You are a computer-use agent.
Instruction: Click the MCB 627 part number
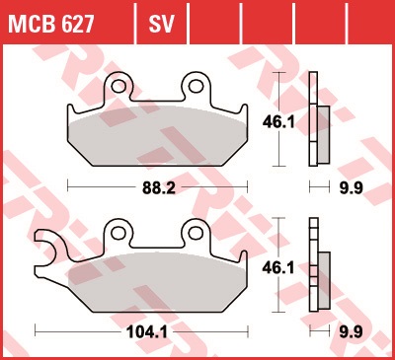click(51, 24)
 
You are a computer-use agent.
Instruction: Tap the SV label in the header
click(161, 24)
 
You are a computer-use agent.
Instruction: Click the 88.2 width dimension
click(159, 188)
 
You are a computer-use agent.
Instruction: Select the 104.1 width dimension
click(147, 332)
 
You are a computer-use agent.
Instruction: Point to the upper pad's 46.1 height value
click(278, 122)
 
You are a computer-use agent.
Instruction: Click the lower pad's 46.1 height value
click(278, 268)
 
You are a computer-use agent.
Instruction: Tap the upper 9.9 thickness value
click(352, 188)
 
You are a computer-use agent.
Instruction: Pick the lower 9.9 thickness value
click(352, 332)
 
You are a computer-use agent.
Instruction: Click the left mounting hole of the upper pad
click(118, 87)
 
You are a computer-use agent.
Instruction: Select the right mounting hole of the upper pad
click(196, 86)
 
